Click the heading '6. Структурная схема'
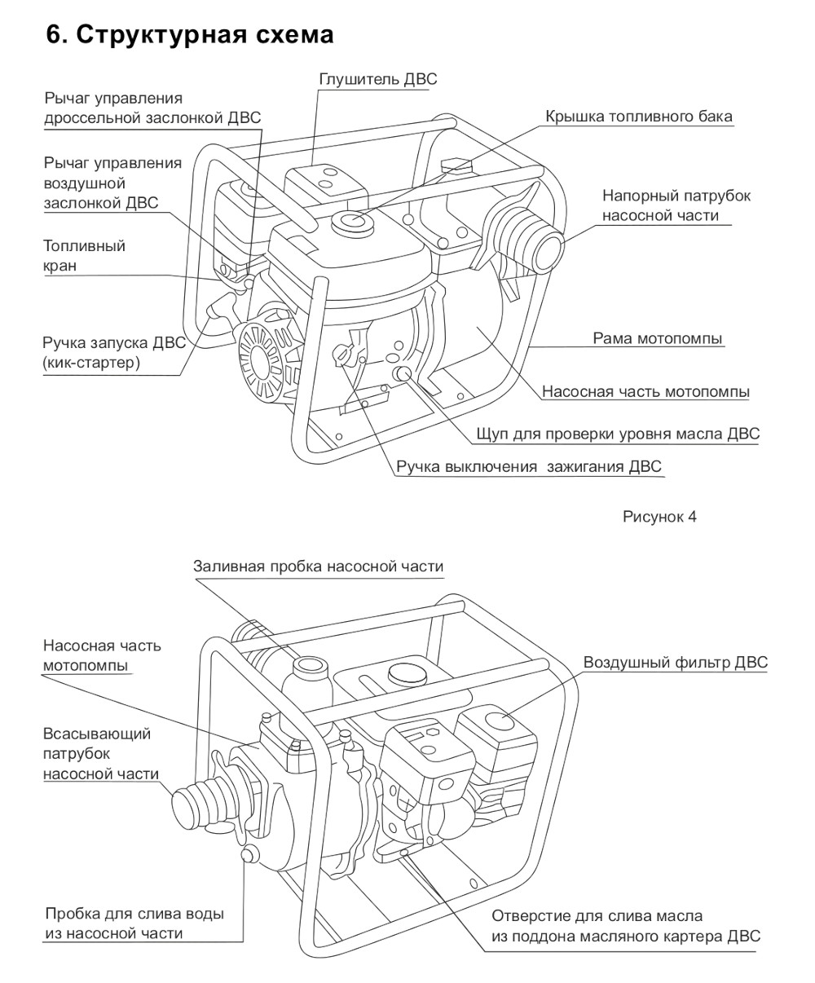190,35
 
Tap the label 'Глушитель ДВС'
377,79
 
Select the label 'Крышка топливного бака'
638,117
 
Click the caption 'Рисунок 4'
659,517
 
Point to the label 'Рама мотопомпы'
657,338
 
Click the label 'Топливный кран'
84,256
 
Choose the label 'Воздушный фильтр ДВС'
675,663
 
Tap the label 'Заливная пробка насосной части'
319,566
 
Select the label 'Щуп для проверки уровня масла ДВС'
618,434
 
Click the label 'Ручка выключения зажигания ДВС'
529,467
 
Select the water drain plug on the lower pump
250,853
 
